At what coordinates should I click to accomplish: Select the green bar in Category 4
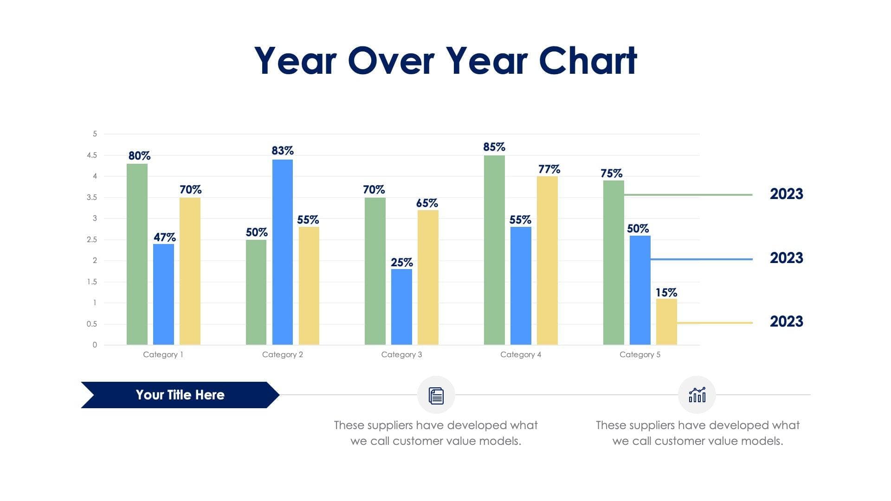pos(494,250)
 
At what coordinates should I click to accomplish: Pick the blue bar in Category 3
pos(401,307)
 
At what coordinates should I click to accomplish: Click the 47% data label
pos(164,238)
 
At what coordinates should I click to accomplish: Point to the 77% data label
pos(549,169)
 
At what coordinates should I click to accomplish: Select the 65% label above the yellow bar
pos(427,203)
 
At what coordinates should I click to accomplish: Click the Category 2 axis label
pos(282,354)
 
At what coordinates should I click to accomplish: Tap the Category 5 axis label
pos(639,354)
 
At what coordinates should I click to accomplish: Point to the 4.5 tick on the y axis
pos(92,155)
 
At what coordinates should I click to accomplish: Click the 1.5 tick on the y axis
pos(92,282)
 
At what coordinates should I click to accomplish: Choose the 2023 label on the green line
pos(786,194)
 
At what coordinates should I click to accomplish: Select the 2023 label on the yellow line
pos(786,321)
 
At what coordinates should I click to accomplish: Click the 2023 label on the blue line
pos(786,258)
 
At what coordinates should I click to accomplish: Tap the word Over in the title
pos(391,61)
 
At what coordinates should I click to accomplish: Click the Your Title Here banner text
pos(180,395)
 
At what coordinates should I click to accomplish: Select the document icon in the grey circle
pos(436,395)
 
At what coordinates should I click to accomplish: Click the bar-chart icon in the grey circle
pos(697,395)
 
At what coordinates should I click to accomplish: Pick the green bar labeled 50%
pos(256,292)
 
